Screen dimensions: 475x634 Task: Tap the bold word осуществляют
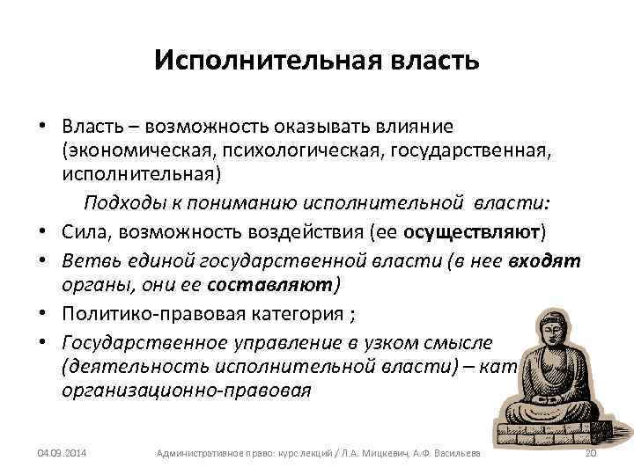(x=473, y=232)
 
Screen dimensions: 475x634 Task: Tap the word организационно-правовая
(x=187, y=390)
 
